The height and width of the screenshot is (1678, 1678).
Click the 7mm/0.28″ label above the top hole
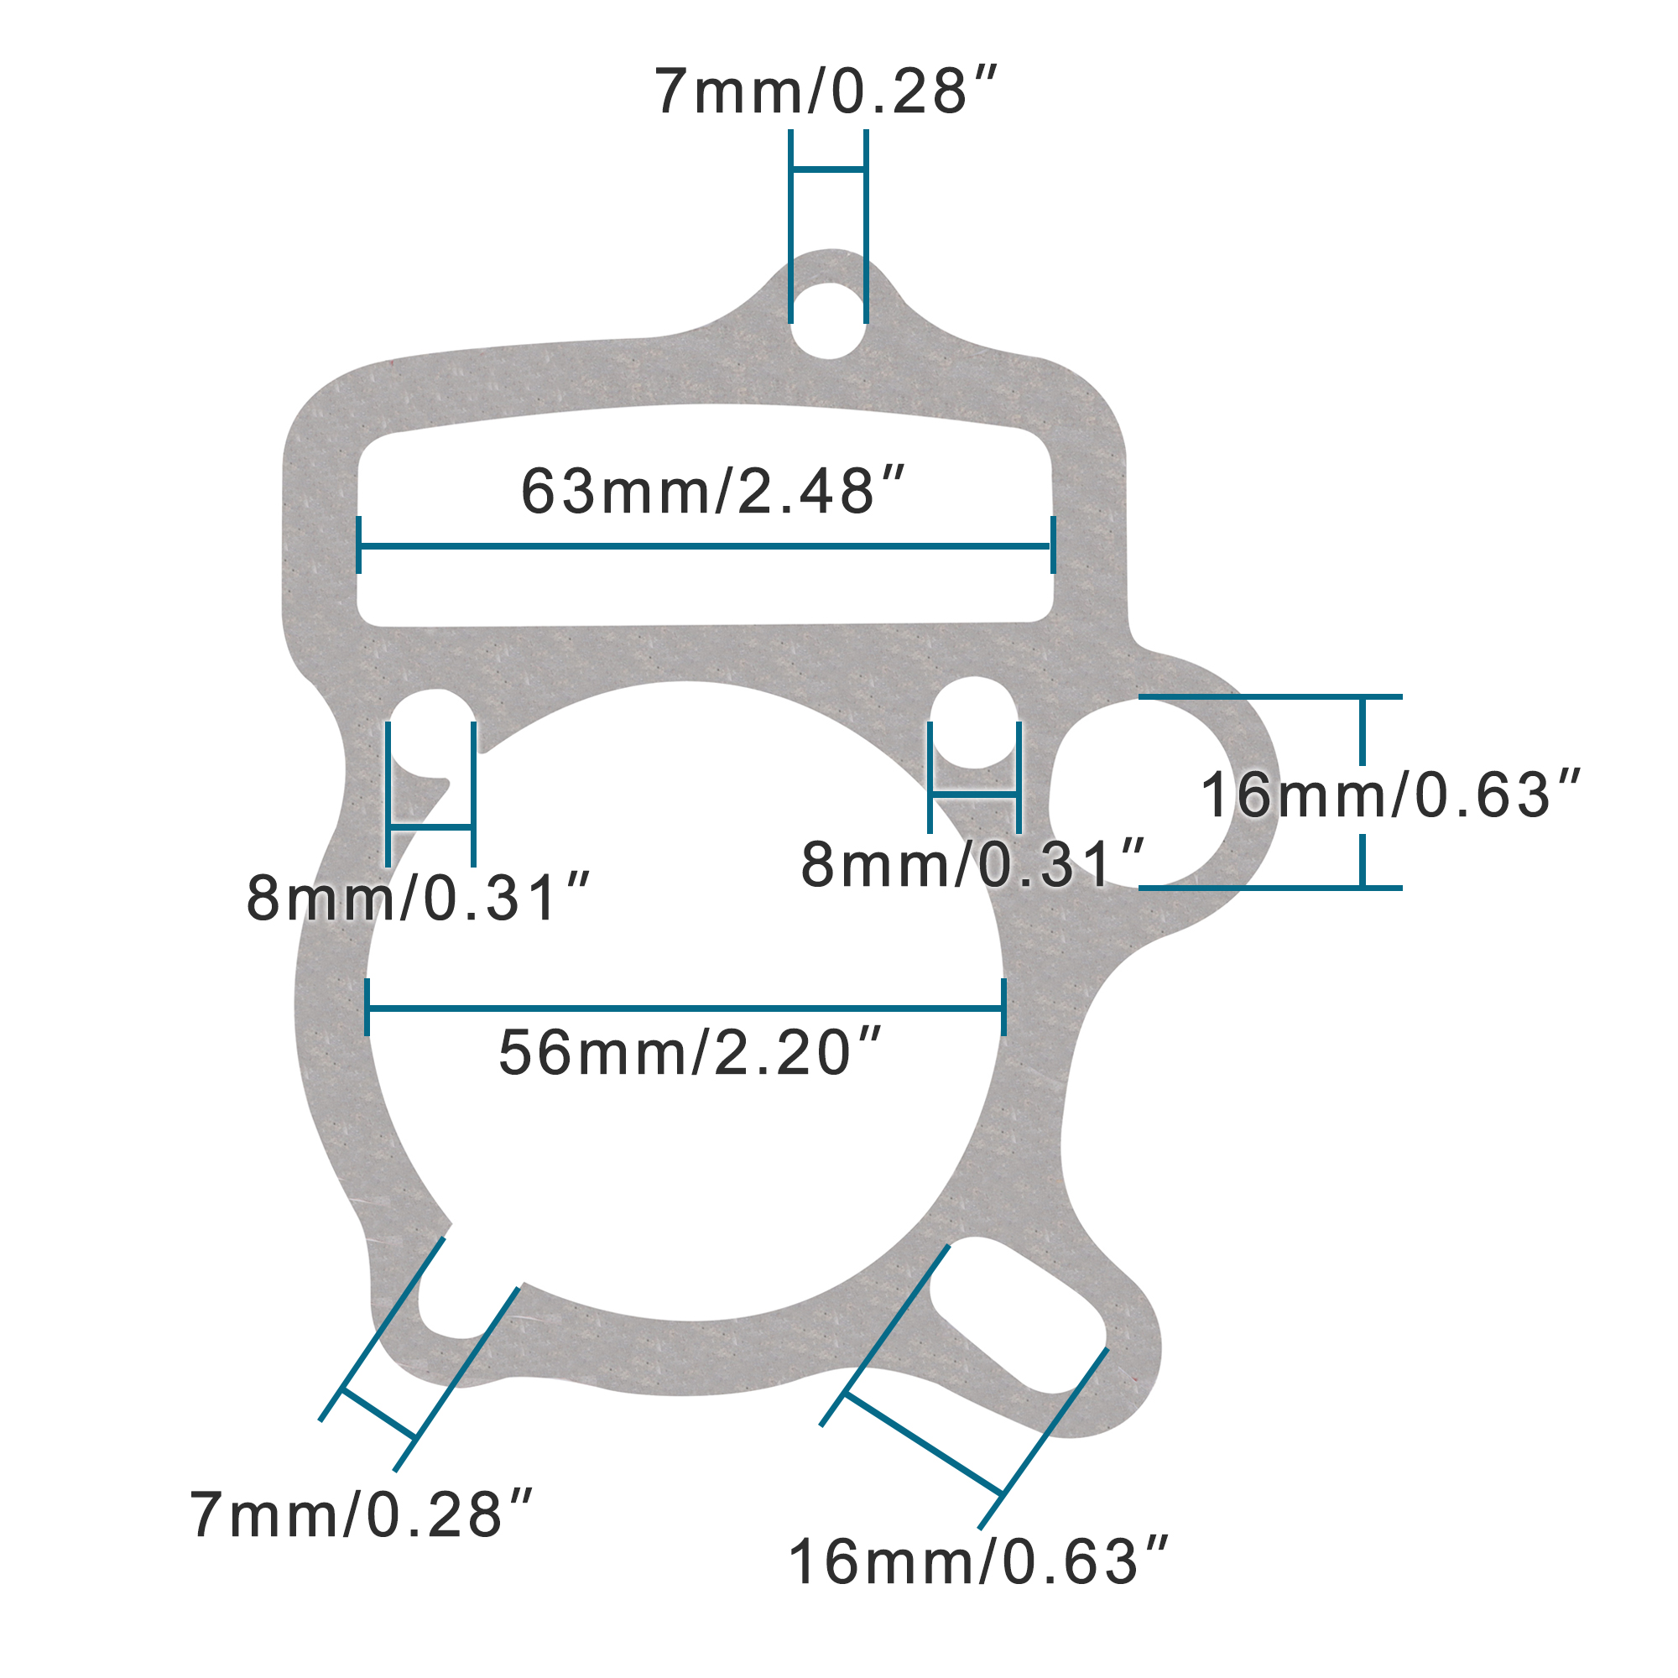[x=825, y=91]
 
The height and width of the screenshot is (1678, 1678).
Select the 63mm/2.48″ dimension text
[x=712, y=492]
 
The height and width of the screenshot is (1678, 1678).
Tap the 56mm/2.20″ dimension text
[x=690, y=1054]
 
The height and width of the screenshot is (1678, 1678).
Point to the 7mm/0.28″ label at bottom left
[x=361, y=1515]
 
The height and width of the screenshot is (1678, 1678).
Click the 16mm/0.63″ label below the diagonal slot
[x=978, y=1562]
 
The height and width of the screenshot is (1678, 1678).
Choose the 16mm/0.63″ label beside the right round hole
[x=1389, y=795]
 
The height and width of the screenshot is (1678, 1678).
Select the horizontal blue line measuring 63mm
[x=706, y=546]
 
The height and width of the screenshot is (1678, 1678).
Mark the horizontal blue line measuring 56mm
[x=686, y=1008]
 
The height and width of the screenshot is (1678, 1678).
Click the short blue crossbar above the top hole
[x=828, y=169]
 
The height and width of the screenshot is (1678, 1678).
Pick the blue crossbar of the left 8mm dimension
[x=430, y=828]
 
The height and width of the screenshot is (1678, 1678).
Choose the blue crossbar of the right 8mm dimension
[x=973, y=794]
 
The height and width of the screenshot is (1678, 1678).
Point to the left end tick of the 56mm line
[x=367, y=1008]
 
